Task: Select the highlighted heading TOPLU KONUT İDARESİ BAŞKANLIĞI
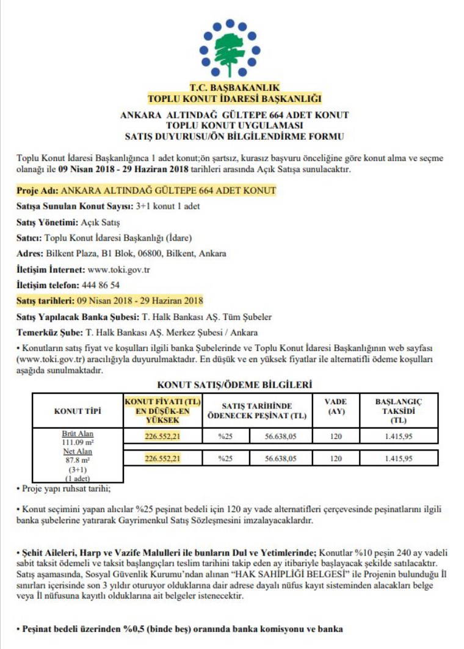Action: coord(234,98)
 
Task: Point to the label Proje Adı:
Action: coord(38,190)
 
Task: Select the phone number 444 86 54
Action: coord(101,285)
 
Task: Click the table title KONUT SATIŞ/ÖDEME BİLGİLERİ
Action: coord(234,385)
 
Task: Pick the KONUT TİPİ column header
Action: coord(78,411)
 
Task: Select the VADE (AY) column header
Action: coord(335,407)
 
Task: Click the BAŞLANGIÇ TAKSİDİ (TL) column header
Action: coord(399,411)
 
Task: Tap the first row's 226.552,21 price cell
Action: coord(163,437)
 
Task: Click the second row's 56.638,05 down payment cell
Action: coord(281,459)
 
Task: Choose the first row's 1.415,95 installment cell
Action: coord(399,437)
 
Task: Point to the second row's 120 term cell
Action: coord(335,459)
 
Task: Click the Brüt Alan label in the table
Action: coord(77,433)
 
